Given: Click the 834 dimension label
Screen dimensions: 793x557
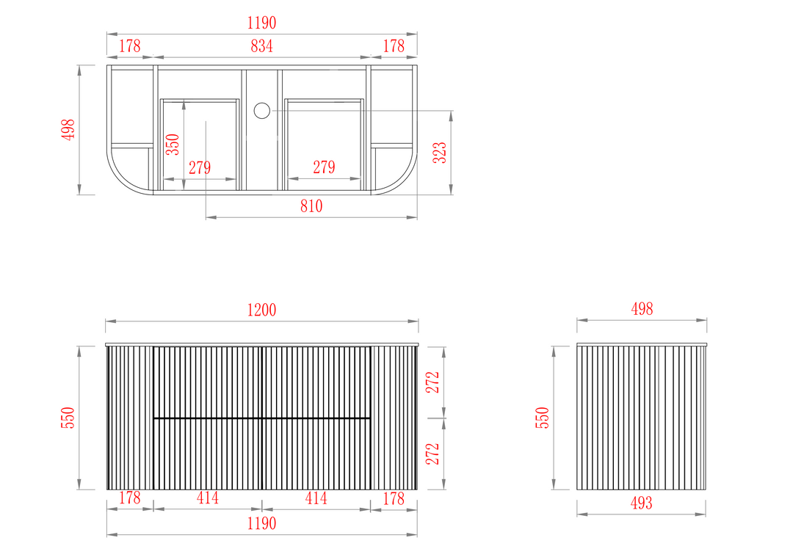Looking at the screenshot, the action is click(x=261, y=46).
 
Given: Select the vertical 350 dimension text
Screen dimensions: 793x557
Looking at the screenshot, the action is click(x=173, y=144).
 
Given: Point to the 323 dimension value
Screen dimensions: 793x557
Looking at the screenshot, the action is click(x=440, y=153).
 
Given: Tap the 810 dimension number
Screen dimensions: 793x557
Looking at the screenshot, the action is click(x=311, y=205).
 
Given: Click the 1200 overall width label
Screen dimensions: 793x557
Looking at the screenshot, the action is click(x=261, y=310).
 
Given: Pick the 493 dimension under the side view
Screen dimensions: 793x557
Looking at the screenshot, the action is click(x=641, y=503).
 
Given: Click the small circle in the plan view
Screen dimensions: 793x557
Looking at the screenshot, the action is click(x=262, y=111).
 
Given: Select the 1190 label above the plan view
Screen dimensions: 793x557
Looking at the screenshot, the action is click(x=261, y=23).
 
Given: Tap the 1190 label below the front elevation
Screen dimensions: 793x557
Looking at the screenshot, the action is click(x=261, y=523).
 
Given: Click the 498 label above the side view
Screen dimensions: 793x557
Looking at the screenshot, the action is click(x=642, y=309).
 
